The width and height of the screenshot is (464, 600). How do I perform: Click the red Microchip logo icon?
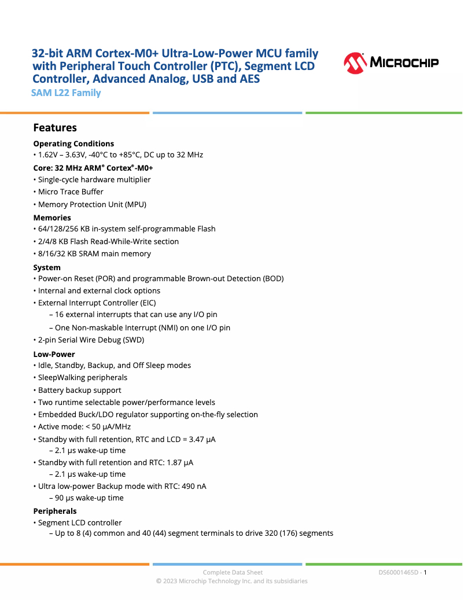coord(355,63)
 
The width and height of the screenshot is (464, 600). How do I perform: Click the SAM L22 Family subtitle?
coord(67,93)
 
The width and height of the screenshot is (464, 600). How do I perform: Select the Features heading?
coord(55,128)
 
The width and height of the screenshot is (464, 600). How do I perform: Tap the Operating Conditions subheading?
coord(73,143)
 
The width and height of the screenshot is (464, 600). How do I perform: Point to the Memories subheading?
coord(52,218)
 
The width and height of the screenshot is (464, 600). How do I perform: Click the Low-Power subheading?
coord(54,354)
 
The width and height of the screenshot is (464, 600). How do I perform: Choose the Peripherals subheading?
coord(55,511)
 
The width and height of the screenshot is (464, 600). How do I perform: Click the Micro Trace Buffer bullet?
coord(71,192)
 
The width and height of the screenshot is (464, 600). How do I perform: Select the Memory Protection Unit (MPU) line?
coord(92,204)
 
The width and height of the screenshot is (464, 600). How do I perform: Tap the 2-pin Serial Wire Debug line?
coord(91,340)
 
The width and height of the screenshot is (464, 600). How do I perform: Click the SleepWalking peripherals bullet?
coord(82,377)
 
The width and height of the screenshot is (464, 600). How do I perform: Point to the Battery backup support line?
coord(79,390)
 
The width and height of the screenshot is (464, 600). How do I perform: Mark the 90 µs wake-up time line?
coord(89,498)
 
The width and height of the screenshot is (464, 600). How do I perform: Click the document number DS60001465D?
coord(398,572)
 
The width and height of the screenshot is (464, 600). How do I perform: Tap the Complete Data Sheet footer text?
coord(233,572)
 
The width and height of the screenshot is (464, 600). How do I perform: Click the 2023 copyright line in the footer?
coord(232,581)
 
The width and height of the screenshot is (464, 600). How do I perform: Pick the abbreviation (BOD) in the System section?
coord(273,278)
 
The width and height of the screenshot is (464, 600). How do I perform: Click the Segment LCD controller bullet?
coord(80,522)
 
